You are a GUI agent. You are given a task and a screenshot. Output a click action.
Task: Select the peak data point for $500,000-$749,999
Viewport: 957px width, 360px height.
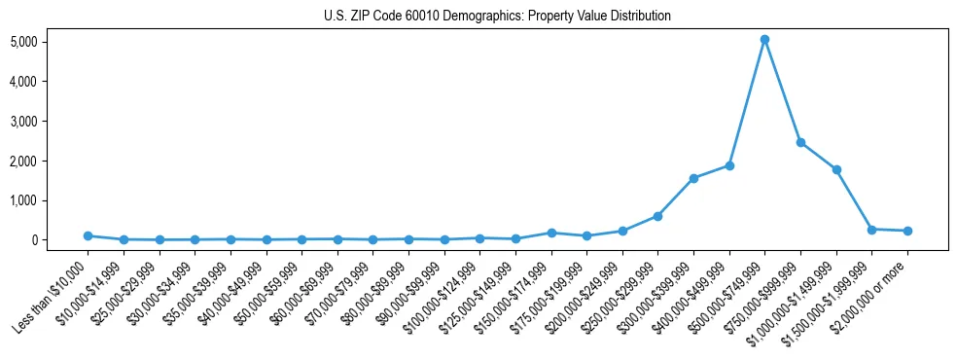[x=765, y=40]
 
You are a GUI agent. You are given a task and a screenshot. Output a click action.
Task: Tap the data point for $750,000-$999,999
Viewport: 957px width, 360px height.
[x=800, y=142]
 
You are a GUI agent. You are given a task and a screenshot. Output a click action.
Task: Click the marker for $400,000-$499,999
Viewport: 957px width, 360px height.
[x=729, y=165]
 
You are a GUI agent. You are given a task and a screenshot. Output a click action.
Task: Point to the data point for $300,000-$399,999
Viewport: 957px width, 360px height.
[x=693, y=178]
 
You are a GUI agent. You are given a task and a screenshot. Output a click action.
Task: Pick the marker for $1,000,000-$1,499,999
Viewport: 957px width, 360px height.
[x=836, y=169]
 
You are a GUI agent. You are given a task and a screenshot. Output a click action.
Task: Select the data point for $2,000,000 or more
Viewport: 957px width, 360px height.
[x=907, y=231]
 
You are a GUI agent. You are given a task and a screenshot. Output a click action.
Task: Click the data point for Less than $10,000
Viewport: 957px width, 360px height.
[x=88, y=235]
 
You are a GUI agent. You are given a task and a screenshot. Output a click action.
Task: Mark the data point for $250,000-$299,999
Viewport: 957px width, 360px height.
[x=658, y=216]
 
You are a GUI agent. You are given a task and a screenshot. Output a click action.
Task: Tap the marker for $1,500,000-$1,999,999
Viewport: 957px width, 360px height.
[x=872, y=230]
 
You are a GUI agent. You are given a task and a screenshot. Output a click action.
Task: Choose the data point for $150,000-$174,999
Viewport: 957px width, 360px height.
[x=551, y=233]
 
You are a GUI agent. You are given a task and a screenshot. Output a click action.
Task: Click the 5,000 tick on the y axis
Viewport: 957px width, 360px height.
[x=51, y=42]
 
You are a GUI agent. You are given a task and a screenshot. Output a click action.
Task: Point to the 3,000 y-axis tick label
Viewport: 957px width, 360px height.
[x=51, y=122]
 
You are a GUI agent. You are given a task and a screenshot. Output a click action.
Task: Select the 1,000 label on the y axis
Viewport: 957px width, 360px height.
[x=51, y=200]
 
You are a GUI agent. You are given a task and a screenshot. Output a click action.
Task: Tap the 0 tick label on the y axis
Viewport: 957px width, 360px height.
[x=60, y=240]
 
